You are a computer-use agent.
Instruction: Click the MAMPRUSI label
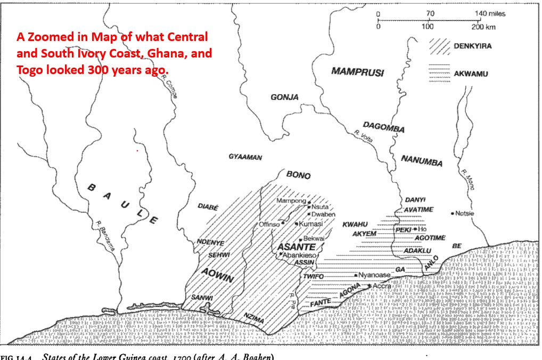[357, 72]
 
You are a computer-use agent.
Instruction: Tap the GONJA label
[284, 97]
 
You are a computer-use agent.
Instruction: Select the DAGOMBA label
[383, 127]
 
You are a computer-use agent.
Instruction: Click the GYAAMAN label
[245, 157]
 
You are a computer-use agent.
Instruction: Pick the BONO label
[298, 175]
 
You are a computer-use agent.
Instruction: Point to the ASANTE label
[297, 248]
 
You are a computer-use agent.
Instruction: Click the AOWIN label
[217, 271]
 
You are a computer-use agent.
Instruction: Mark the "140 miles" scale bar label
[490, 14]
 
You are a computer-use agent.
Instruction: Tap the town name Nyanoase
[375, 275]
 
